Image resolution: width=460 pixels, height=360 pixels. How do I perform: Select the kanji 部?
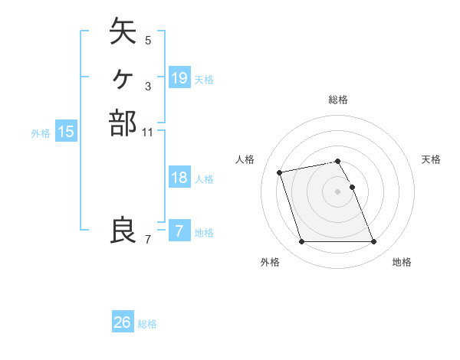pyautogui.click(x=123, y=123)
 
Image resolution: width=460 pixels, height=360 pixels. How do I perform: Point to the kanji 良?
pyautogui.click(x=123, y=230)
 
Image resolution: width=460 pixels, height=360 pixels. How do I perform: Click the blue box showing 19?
pyautogui.click(x=179, y=78)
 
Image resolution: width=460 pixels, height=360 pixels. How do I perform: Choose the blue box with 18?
pyautogui.click(x=179, y=178)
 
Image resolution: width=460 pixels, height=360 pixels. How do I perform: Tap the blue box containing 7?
pyautogui.click(x=179, y=231)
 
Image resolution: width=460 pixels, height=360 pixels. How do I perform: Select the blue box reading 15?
pyautogui.click(x=66, y=132)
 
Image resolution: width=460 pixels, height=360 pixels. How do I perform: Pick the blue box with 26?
pyautogui.click(x=123, y=322)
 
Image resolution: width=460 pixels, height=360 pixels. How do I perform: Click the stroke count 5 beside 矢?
pyautogui.click(x=148, y=40)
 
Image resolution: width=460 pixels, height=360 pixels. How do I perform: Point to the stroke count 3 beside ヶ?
pyautogui.click(x=148, y=86)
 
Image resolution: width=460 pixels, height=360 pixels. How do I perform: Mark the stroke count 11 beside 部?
pyautogui.click(x=148, y=132)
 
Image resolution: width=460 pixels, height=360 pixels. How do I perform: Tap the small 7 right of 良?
pyautogui.click(x=148, y=240)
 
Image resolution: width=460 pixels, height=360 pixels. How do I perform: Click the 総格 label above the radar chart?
pyautogui.click(x=338, y=100)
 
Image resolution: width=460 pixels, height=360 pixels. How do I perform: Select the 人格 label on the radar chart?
pyautogui.click(x=245, y=159)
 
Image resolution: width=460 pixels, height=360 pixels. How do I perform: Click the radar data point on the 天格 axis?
pyautogui.click(x=352, y=187)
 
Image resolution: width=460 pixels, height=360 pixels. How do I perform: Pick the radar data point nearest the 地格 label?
pyautogui.click(x=373, y=242)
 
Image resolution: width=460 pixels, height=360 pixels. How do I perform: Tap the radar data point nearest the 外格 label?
pyautogui.click(x=301, y=242)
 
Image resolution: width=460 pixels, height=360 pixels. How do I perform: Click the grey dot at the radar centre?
pyautogui.click(x=338, y=191)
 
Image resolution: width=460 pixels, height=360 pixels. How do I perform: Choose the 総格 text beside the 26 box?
pyautogui.click(x=147, y=324)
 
